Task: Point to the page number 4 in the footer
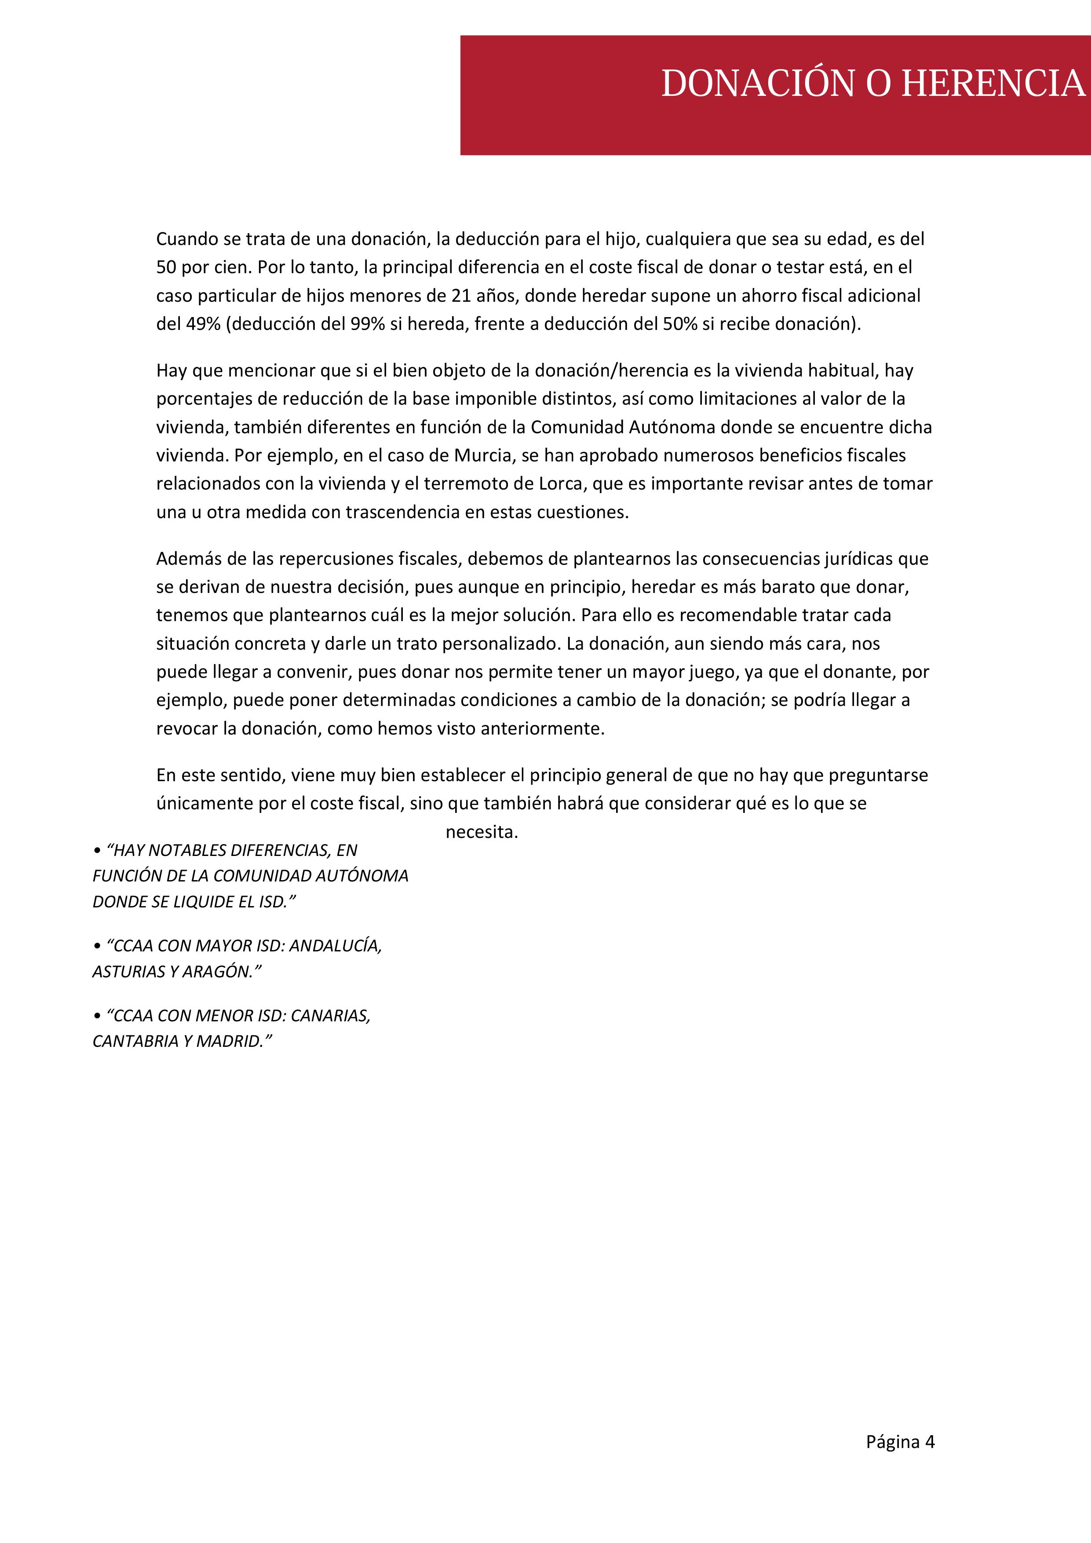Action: tap(930, 1441)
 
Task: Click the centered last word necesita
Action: tap(482, 832)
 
